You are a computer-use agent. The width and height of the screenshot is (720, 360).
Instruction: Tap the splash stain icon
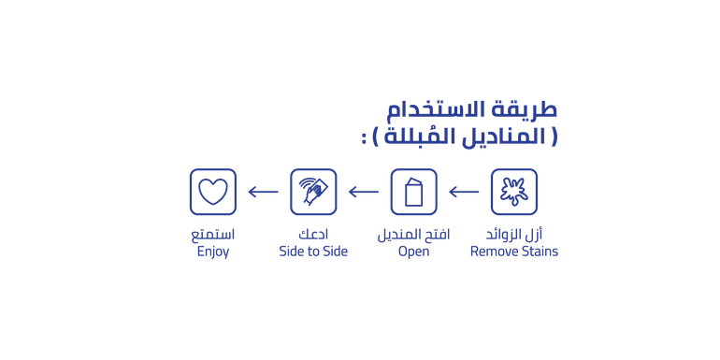point(514,192)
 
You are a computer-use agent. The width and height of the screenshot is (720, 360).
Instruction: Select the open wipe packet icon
point(413,192)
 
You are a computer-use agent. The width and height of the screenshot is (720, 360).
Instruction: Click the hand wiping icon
point(313,191)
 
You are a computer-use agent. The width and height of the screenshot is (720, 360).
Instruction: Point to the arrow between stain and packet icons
point(464,192)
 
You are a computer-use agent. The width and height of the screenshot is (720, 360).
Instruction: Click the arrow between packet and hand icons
point(364,192)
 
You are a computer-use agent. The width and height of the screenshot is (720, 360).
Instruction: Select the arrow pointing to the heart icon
point(263,192)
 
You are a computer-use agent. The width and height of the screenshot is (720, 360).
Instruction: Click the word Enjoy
point(213,252)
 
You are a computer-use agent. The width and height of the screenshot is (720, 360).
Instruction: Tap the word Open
point(413,252)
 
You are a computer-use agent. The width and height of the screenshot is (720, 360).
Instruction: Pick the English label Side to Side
point(313,252)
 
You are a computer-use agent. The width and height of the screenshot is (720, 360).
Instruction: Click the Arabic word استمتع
point(213,235)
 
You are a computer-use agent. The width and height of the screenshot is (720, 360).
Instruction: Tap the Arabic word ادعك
point(313,235)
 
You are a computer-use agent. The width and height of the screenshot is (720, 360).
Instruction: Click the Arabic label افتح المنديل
point(413,235)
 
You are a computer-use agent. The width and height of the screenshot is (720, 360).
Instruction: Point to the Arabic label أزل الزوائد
point(514,235)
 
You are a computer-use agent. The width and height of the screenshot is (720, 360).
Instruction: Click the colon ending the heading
point(364,138)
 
